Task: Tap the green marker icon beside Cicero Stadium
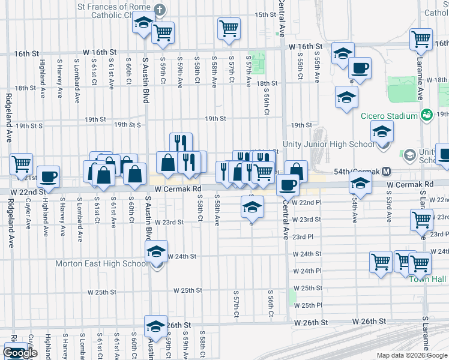point(427,114)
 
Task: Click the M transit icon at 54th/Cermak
point(387,172)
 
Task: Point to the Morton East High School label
point(101,263)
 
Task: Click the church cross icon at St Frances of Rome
point(159,10)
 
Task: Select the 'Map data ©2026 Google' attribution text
point(412,355)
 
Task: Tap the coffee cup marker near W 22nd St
point(49,177)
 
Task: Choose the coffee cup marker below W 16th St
point(360,68)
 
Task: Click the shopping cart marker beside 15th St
point(229,28)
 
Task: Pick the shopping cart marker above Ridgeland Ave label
point(22,163)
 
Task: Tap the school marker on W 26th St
point(156,326)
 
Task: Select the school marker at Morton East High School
point(157,251)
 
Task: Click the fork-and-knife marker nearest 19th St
point(181,143)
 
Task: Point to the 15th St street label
point(264,14)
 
